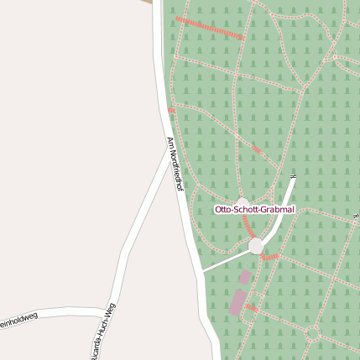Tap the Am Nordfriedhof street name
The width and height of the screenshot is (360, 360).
[x=174, y=165]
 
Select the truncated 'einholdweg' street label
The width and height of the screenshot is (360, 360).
[x=18, y=318]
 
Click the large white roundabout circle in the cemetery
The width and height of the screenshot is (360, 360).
[x=256, y=245]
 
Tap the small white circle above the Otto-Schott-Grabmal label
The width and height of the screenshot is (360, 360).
[x=243, y=201]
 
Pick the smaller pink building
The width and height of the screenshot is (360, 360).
[x=245, y=276]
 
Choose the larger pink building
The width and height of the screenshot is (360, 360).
[x=237, y=302]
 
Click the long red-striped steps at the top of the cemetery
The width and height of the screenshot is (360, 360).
[x=211, y=29]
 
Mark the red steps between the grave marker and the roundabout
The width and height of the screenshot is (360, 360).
[x=248, y=227]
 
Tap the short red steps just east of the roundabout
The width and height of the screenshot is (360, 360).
[x=270, y=256]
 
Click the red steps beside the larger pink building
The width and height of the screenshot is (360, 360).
[x=251, y=308]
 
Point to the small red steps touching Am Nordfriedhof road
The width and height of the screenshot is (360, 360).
[x=171, y=110]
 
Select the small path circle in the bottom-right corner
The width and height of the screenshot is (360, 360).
[x=312, y=333]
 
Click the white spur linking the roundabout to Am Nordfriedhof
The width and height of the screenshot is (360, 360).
[x=226, y=260]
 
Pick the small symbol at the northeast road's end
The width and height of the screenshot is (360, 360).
[x=293, y=176]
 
